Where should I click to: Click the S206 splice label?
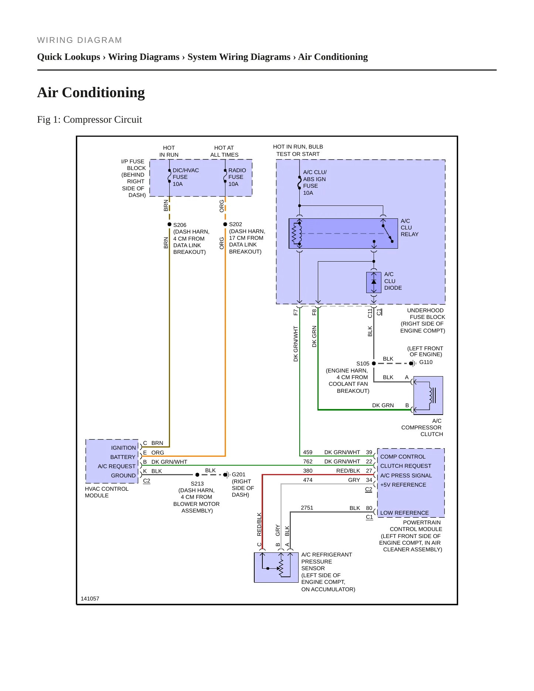coord(180,225)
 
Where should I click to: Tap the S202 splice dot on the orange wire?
coord(225,224)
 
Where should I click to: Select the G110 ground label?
coord(426,362)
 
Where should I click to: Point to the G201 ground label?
coord(238,474)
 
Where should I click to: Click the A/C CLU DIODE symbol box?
coord(374,282)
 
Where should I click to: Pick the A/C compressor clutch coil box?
coord(428,395)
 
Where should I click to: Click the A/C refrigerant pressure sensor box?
coord(276,568)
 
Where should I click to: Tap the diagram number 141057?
coord(90,599)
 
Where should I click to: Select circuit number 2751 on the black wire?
coord(307,508)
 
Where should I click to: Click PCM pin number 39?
coord(369,452)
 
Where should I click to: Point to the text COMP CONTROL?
coord(403,457)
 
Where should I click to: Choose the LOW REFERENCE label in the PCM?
coord(404,513)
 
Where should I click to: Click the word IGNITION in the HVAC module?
coord(123,448)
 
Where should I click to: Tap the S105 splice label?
coord(363,364)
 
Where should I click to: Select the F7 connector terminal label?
coord(296,312)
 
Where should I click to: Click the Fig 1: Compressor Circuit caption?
coord(89,119)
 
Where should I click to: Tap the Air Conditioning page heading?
coord(91,92)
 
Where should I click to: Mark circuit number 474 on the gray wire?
coord(307,480)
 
